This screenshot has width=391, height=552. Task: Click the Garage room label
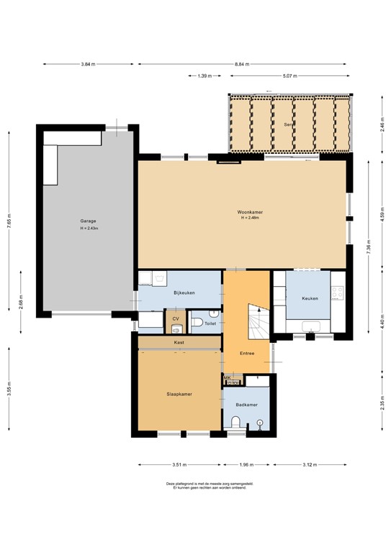pos(89,221)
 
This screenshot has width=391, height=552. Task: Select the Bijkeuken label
pos(184,293)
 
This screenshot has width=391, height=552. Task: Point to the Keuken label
pos(310,298)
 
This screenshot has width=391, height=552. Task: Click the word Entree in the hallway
pos(247,353)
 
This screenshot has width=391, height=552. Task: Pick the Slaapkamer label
pos(179,394)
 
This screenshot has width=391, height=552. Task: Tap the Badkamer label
pos(246,405)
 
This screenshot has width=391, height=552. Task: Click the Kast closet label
pos(179,343)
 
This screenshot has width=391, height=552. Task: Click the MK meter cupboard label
pos(227,377)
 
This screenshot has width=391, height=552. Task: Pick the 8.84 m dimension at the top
pos(241,64)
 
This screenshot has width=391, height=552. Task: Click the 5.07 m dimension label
pos(290,75)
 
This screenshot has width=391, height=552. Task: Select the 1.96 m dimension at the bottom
pos(246,464)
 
